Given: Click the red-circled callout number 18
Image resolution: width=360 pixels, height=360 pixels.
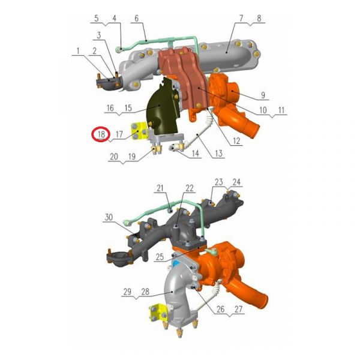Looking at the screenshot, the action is pos(101,134).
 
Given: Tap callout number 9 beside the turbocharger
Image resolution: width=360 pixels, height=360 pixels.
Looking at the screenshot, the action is pos(263,95).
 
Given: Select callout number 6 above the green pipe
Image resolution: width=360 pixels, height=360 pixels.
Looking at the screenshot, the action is pos(137,19).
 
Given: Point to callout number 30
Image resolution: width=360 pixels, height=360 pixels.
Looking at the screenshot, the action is pos(109,217).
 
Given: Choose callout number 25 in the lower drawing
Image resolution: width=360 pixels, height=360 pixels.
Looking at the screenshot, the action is pos(160,257).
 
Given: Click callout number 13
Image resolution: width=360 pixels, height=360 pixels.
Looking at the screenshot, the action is pos(219,153).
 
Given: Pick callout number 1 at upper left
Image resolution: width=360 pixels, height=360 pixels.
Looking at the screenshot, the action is pos(78,51).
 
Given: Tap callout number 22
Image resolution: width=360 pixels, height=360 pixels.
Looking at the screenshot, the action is pos(190,188).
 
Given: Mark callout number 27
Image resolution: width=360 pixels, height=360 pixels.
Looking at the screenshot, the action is pos(238,309).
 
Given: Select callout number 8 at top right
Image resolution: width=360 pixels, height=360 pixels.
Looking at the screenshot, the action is pos(259,19).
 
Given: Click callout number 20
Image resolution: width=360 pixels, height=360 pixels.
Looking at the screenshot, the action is pos(114,157).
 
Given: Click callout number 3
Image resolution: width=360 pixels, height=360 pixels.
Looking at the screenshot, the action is pos(99,35).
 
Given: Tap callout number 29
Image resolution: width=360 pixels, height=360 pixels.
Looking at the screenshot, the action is pos(127,292).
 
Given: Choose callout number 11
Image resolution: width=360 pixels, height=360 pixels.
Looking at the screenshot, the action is pos(281,110).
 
